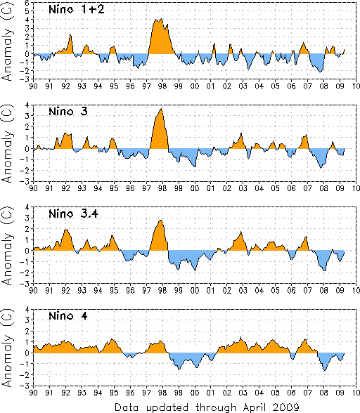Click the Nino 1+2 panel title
click(x=77, y=10)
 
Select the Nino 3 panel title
click(x=68, y=112)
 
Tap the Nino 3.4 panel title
click(x=73, y=214)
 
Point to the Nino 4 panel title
click(x=68, y=316)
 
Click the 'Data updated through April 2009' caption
click(x=207, y=407)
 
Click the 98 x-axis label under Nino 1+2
click(x=162, y=86)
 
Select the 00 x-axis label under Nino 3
click(x=195, y=188)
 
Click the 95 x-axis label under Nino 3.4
click(x=114, y=290)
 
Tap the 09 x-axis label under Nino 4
click(x=340, y=393)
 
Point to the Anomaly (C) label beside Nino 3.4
click(x=7, y=245)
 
